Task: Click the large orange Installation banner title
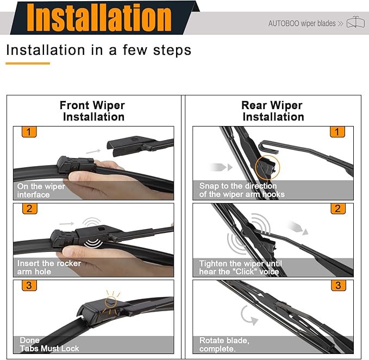99,18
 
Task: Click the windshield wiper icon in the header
355,22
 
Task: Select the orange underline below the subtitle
28,63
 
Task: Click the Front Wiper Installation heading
92,111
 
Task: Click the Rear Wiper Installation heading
273,111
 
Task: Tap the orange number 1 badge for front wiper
29,132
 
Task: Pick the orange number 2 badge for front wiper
30,209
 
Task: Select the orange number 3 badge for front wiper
29,285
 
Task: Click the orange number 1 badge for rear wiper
337,132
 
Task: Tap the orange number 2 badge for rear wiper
338,209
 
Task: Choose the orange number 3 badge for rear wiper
339,286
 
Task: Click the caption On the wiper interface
41,191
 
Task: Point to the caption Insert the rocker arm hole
49,267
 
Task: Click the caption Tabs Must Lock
49,348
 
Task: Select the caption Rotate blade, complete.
224,344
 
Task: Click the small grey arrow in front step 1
93,151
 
